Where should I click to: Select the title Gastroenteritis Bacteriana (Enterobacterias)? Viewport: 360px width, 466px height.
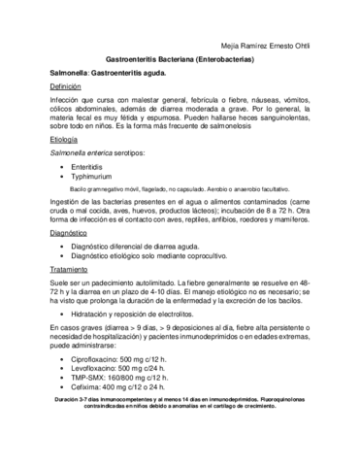[180, 58]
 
